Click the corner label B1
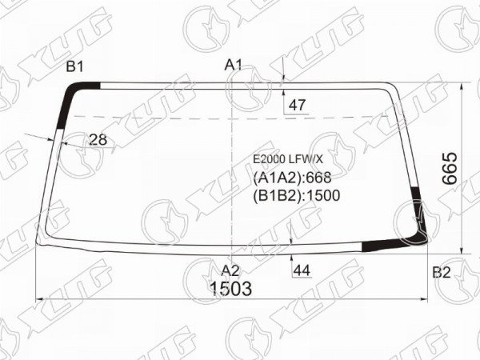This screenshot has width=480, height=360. pyautogui.click(x=74, y=66)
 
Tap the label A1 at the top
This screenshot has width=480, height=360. pyautogui.click(x=234, y=65)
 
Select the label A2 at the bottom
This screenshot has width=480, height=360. pyautogui.click(x=230, y=270)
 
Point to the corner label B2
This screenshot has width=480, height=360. pyautogui.click(x=442, y=272)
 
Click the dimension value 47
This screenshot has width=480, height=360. pyautogui.click(x=297, y=106)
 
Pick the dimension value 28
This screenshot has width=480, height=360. pyautogui.click(x=98, y=139)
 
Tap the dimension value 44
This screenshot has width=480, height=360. pyautogui.click(x=302, y=270)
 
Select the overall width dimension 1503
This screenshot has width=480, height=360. pyautogui.click(x=231, y=289)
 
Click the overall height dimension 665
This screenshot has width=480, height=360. pyautogui.click(x=450, y=168)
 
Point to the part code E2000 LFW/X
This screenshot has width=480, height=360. pyautogui.click(x=288, y=159)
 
